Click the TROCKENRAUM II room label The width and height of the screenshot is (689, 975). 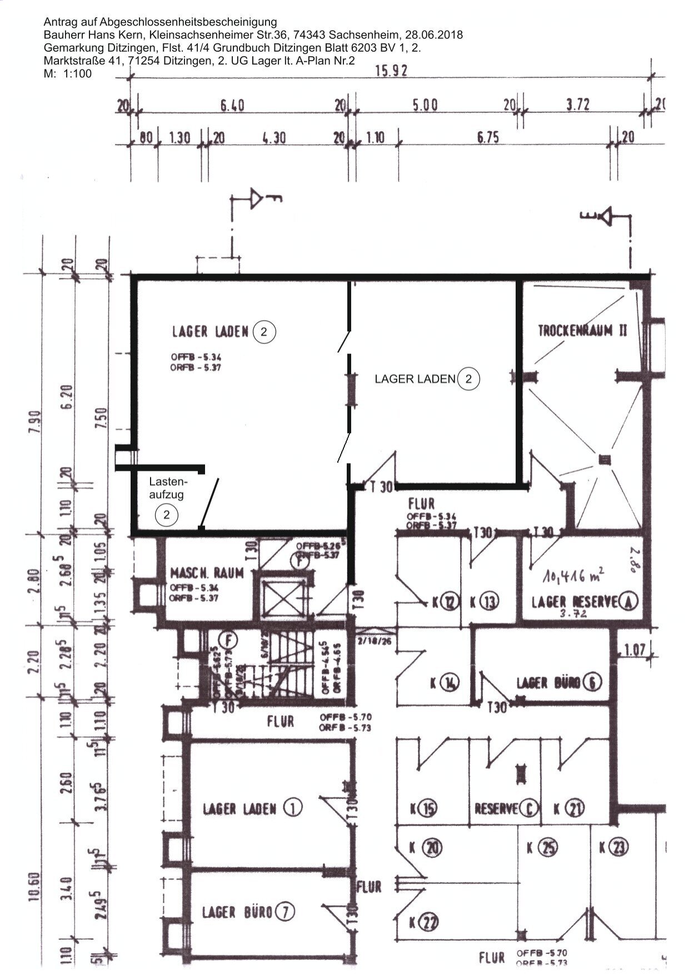pos(582,330)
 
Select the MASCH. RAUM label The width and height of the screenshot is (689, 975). pos(207,573)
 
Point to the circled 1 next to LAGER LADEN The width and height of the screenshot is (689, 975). pos(293,808)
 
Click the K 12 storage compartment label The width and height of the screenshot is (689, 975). pos(446,601)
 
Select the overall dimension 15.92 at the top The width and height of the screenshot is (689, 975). pos(391,71)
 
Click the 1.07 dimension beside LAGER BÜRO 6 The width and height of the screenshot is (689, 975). pos(634,649)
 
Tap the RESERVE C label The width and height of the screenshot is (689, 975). pos(506,809)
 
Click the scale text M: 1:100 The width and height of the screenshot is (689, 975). pos(67,73)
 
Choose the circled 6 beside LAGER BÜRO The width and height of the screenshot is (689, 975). pos(592,682)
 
